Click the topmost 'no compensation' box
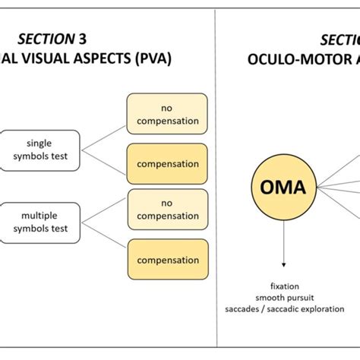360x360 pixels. tap(166, 114)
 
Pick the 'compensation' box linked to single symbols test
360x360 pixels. tap(166, 164)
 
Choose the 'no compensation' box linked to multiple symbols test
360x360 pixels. tap(166, 210)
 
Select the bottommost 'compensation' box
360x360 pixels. tap(166, 260)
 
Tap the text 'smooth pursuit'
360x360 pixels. tap(283, 298)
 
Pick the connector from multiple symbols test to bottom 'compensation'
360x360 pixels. tap(103, 242)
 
